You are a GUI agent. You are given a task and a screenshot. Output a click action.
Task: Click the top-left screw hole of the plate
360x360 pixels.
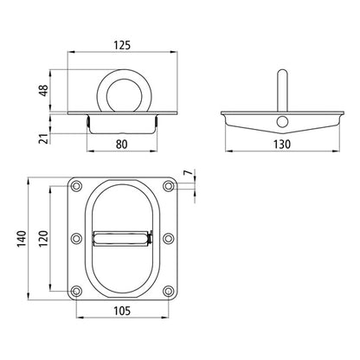pyautogui.click(x=77, y=186)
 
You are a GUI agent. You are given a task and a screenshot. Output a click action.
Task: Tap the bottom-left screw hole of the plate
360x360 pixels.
pyautogui.click(x=77, y=290)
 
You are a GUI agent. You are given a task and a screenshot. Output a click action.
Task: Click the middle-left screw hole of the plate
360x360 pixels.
pyautogui.click(x=77, y=238)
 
